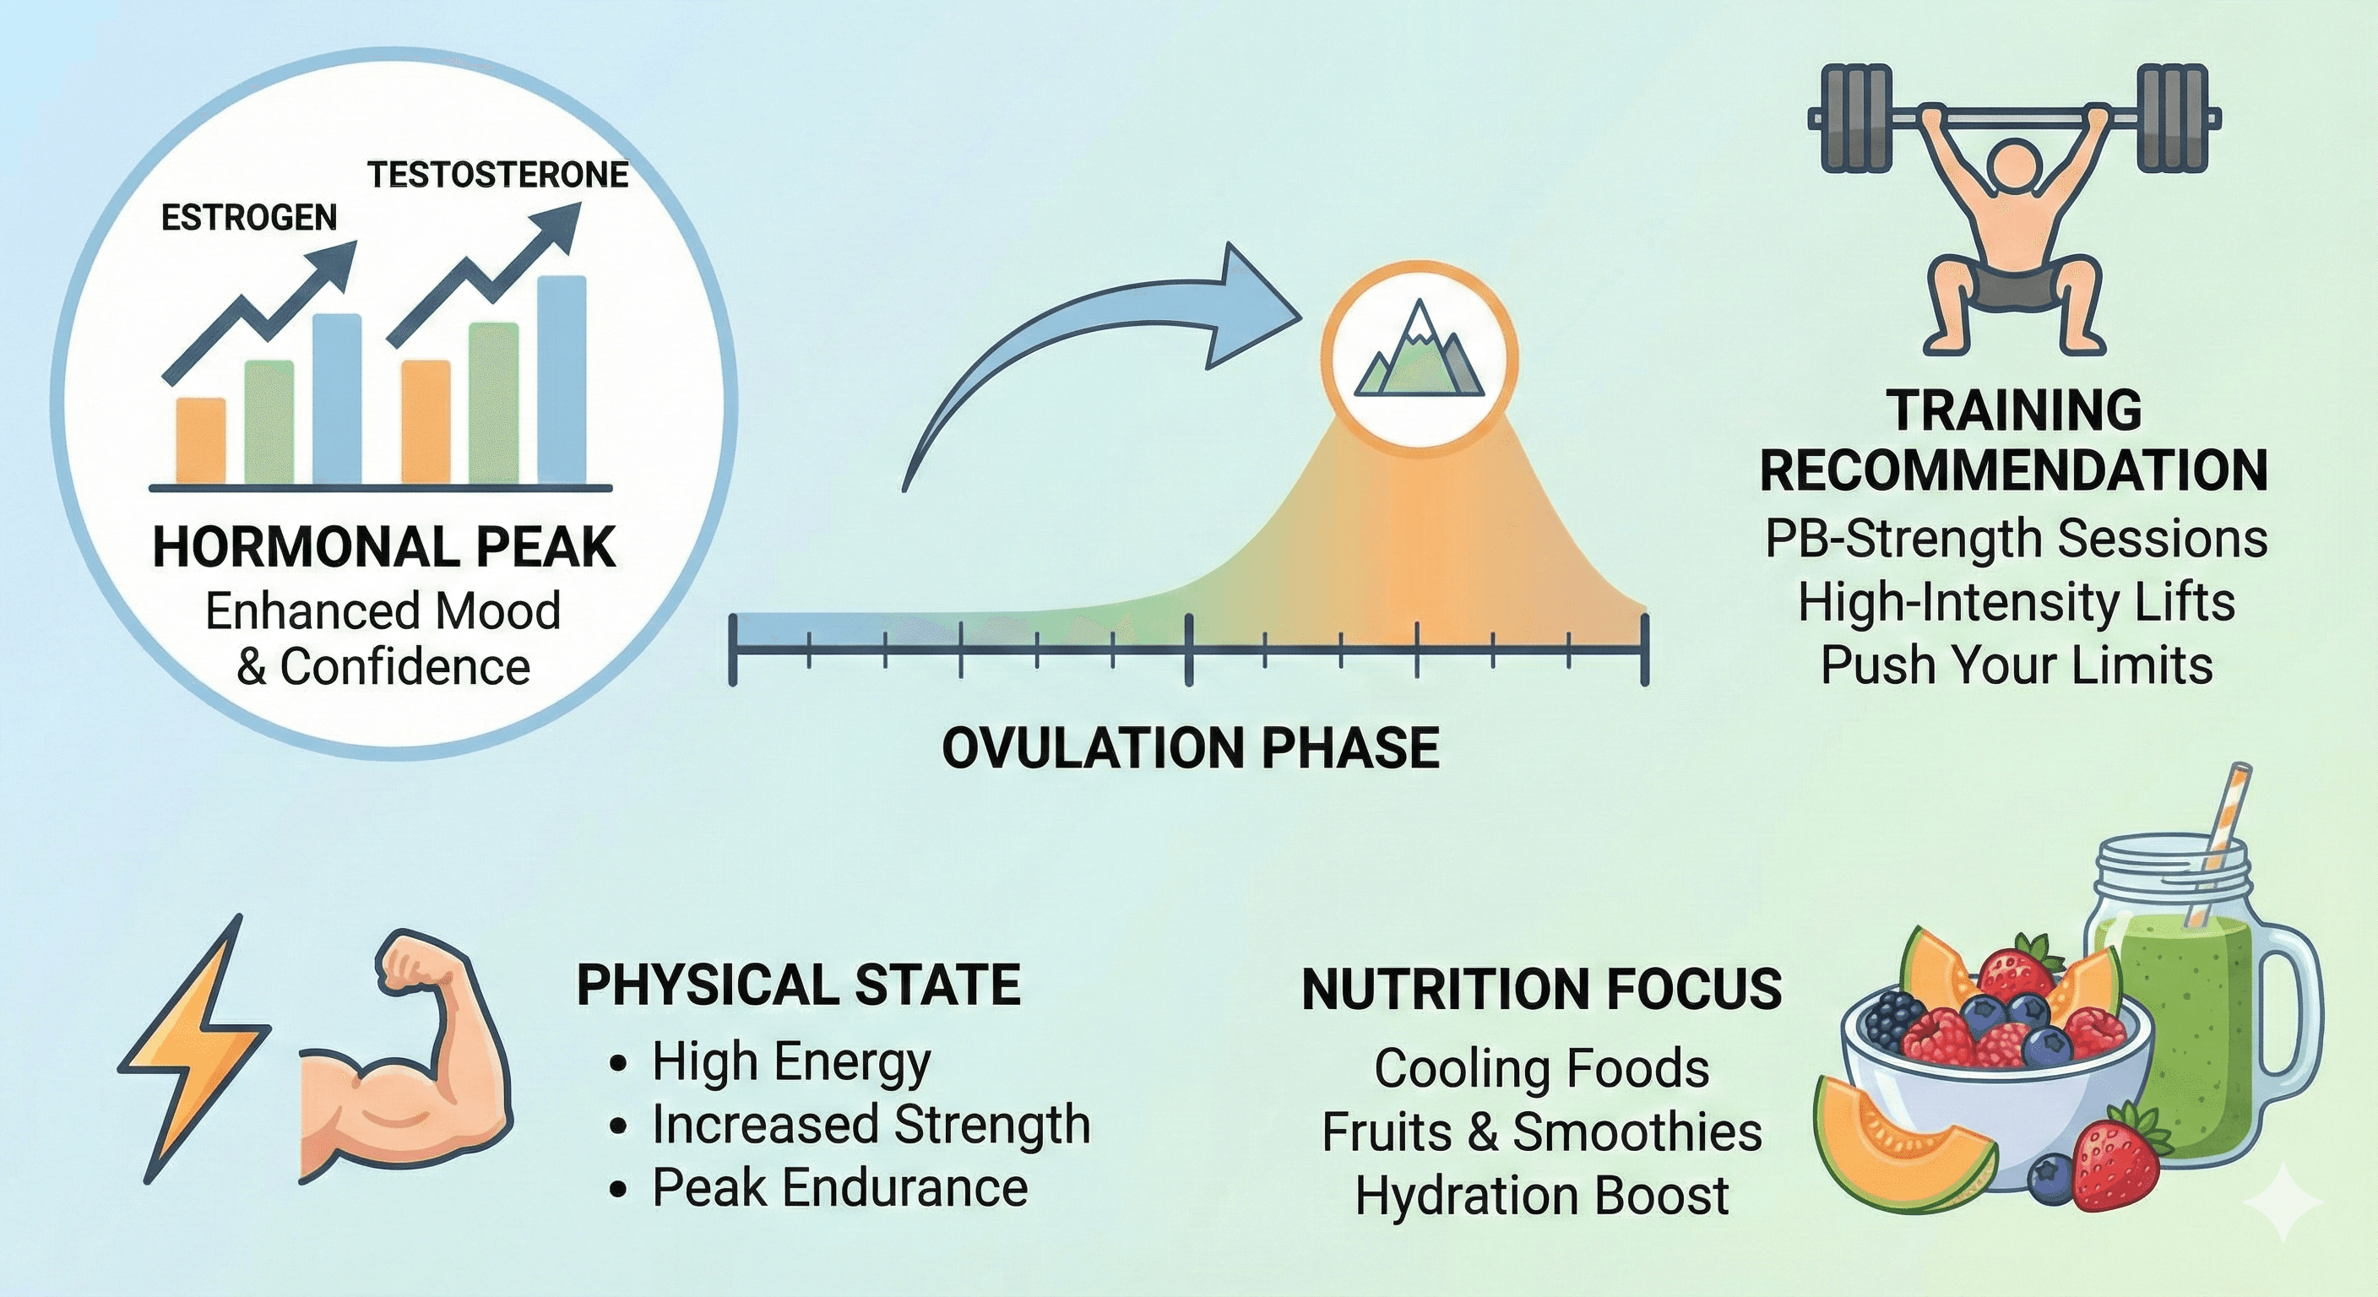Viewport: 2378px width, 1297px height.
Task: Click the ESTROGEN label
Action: (249, 218)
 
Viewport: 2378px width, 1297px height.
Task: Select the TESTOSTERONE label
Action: (497, 175)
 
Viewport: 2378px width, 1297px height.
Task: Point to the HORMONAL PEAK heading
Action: (384, 546)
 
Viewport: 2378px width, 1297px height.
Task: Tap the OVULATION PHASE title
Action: (1190, 748)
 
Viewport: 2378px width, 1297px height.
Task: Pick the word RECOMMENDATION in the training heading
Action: (2013, 471)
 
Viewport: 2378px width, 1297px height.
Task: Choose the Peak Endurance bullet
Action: (839, 1188)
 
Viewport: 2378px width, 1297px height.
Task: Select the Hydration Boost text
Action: (1542, 1197)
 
